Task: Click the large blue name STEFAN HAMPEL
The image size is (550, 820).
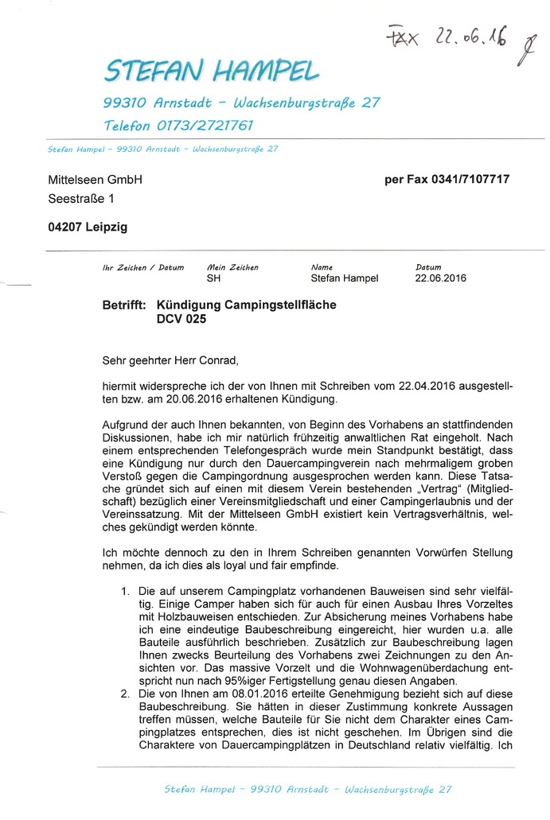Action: click(x=212, y=72)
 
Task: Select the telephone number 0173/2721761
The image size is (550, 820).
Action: click(x=205, y=126)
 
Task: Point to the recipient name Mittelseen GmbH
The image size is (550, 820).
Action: click(x=95, y=180)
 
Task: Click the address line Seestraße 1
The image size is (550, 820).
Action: click(x=81, y=199)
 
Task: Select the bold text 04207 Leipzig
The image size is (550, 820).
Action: click(x=88, y=227)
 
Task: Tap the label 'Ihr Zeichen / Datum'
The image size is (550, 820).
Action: click(x=143, y=268)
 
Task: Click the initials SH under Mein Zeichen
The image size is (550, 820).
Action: click(x=213, y=279)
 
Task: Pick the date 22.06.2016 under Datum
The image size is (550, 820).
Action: click(x=441, y=279)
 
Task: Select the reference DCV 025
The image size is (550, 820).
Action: click(x=181, y=320)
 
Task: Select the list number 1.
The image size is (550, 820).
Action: click(x=126, y=592)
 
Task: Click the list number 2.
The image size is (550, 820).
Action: click(x=126, y=694)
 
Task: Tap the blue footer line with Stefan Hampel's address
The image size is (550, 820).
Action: click(x=308, y=790)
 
